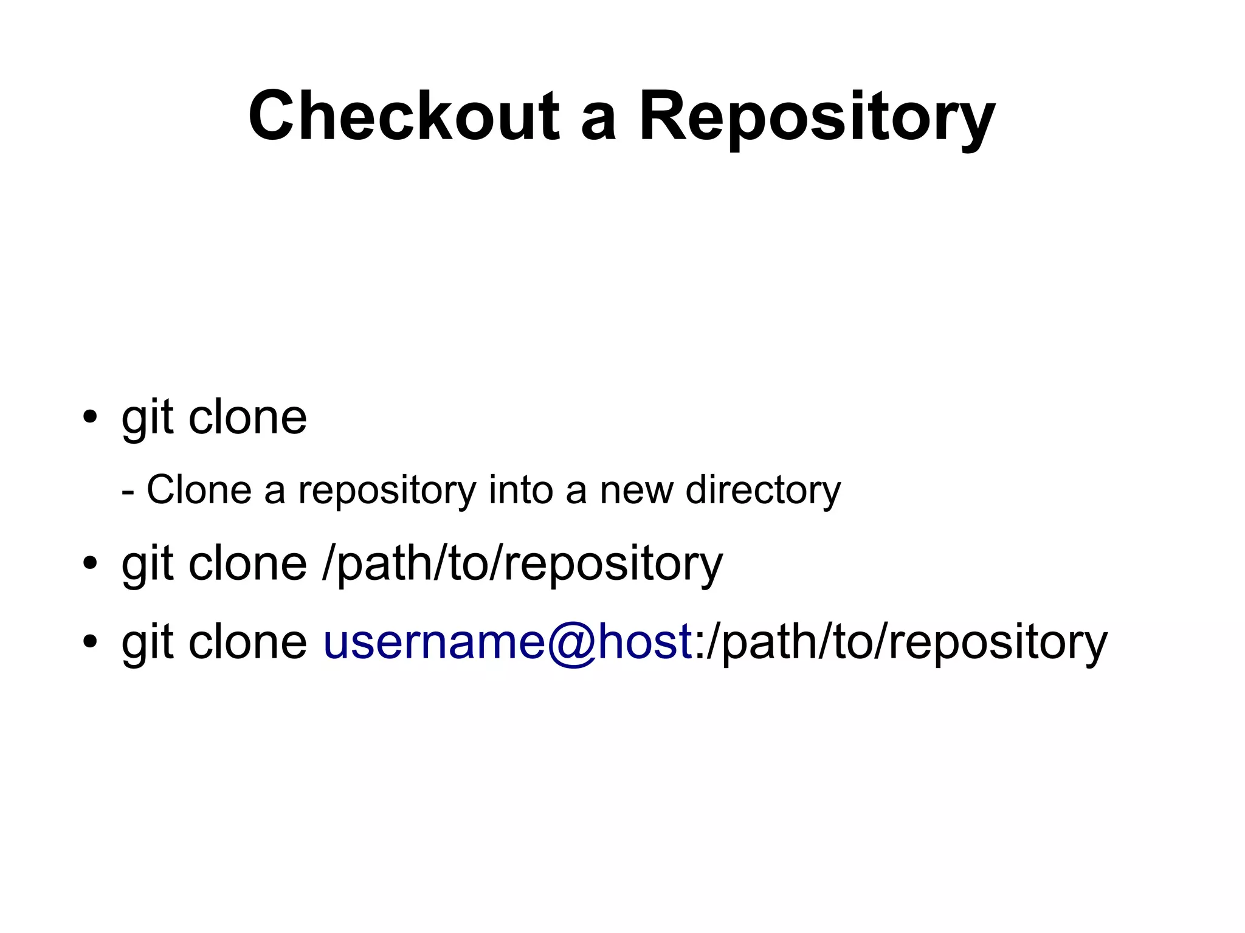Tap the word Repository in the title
click(816, 119)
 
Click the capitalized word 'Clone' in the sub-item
click(199, 489)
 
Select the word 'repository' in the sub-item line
click(387, 492)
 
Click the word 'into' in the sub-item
click(520, 489)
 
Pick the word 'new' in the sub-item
click(636, 491)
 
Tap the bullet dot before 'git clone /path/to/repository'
click(90, 563)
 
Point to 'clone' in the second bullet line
click(247, 563)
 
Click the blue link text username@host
click(507, 642)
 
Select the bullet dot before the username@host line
click(90, 642)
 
